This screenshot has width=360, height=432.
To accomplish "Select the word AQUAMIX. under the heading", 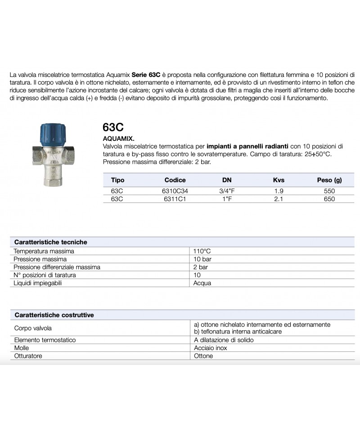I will [119, 139].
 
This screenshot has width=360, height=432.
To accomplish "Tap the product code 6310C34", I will [175, 191].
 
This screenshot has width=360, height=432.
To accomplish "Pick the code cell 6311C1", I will [175, 199].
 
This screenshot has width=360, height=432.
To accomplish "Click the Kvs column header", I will [279, 180].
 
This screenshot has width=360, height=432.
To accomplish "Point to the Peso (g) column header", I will [329, 180].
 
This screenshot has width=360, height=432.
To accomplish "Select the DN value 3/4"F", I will [227, 191].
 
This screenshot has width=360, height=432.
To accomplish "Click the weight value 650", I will [329, 199].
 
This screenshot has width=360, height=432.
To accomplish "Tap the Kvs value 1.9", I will [279, 191].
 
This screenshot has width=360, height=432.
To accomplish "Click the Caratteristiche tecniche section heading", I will [51, 242].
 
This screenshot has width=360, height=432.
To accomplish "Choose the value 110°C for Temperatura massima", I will [202, 251].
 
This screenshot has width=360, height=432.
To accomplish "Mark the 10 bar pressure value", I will [202, 259].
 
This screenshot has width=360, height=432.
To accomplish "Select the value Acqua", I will [202, 283].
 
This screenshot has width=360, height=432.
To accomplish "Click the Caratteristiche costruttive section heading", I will [54, 315].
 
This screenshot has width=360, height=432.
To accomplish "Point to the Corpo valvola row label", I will [33, 328].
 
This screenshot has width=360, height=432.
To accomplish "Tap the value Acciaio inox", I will [210, 348].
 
